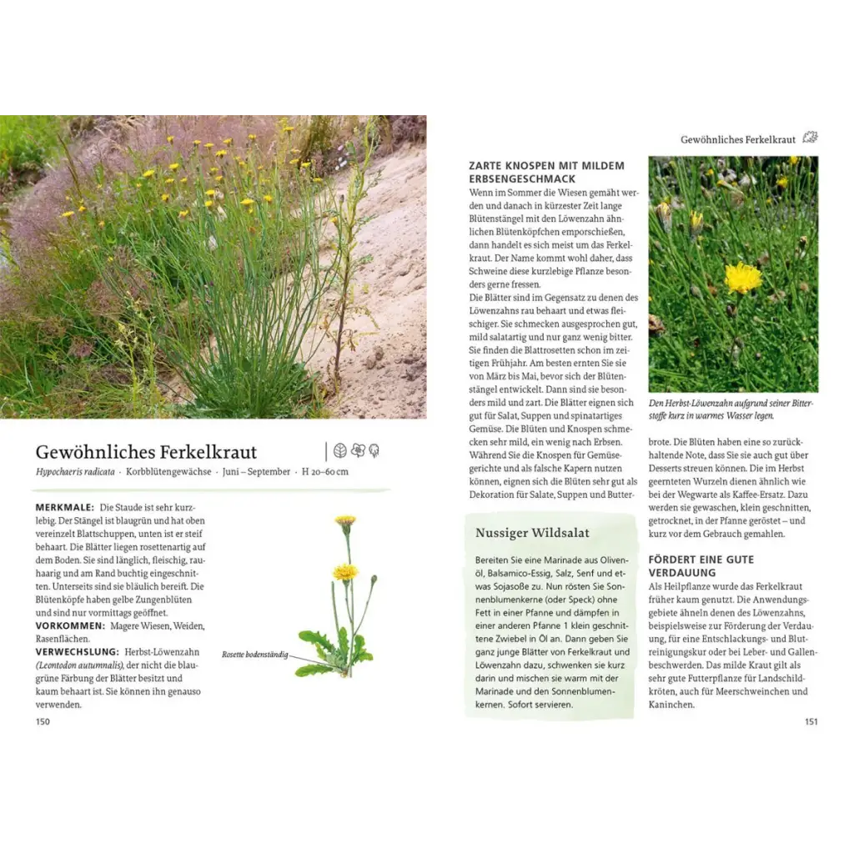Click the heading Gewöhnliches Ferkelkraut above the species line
146,452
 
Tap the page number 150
43,721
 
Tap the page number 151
811,721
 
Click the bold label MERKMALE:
64,507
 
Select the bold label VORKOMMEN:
70,625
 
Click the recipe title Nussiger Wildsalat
532,533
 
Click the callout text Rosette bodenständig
254,655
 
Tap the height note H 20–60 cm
325,472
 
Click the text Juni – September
254,472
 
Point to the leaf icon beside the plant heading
339,450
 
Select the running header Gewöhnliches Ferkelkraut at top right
738,139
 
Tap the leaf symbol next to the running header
809,138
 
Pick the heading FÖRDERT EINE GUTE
701,560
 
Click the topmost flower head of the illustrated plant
345,521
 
